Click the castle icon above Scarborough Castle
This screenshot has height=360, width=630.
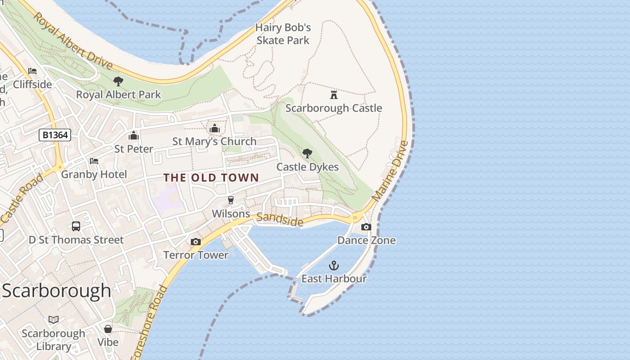coord(333,95)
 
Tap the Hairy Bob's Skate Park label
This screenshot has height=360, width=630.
coord(283,34)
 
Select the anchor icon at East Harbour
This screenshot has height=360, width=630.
coord(333,265)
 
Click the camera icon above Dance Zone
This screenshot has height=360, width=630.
coord(366,227)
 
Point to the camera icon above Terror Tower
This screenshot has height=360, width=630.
coord(195,242)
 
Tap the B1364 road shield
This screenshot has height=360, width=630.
coord(55,135)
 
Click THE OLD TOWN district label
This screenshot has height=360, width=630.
coord(211,178)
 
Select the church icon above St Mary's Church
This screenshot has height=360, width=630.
coord(214,129)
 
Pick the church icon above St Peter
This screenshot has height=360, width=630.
coord(134,135)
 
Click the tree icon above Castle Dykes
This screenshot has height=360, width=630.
coord(307,153)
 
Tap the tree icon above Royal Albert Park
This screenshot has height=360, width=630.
coord(118,81)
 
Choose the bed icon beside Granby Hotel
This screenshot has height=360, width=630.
coord(94,161)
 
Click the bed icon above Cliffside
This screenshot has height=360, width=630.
coord(32,71)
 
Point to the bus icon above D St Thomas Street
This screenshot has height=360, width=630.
coord(76,226)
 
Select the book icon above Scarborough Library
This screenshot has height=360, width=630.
coord(54,320)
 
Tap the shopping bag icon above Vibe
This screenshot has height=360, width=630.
coord(108,329)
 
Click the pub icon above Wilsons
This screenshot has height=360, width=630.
coord(231,200)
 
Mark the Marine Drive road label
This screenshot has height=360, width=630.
coord(391,171)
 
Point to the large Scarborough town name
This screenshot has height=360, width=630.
coord(56,291)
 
